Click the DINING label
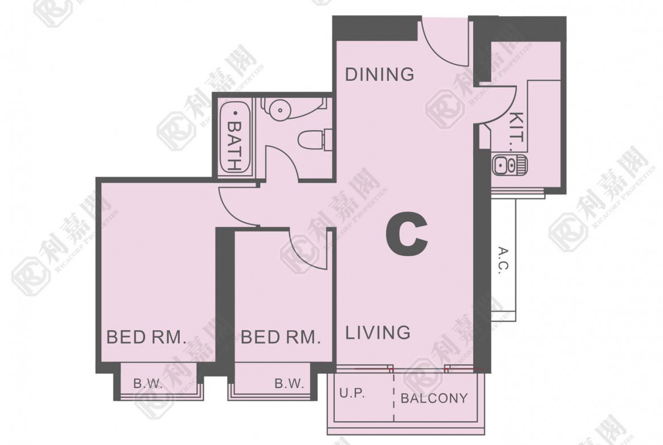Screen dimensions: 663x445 [x=379, y=74]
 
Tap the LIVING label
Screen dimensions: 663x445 [x=377, y=333]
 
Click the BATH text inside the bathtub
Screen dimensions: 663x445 [x=234, y=146]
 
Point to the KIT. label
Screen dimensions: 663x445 [x=517, y=132]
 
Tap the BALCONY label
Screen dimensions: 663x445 [x=434, y=398]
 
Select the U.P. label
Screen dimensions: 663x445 [x=352, y=393]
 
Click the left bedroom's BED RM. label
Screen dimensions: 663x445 [x=146, y=337]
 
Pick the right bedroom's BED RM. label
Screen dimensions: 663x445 [x=280, y=337]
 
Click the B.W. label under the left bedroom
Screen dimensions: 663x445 [x=148, y=384]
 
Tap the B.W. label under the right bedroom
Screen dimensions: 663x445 [x=289, y=384]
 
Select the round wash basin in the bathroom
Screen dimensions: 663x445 [x=279, y=109]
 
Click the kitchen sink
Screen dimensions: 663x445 [x=509, y=164]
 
